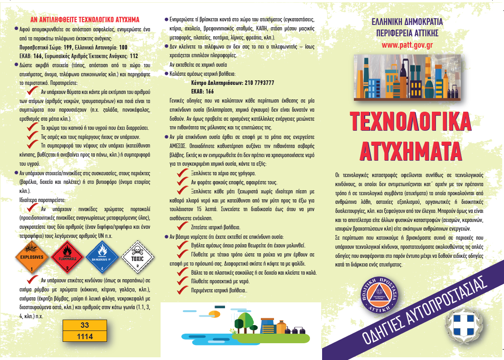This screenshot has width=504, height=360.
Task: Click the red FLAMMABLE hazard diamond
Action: click(x=67, y=257)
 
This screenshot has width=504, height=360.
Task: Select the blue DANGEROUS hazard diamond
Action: click(x=102, y=257)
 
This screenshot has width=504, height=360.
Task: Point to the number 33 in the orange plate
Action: click(x=84, y=325)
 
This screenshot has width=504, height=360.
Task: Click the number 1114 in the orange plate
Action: click(x=84, y=336)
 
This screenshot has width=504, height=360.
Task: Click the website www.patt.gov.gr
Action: click(x=407, y=45)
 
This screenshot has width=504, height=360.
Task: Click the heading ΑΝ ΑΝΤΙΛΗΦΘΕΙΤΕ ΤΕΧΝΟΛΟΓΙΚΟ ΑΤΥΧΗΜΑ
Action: click(x=85, y=20)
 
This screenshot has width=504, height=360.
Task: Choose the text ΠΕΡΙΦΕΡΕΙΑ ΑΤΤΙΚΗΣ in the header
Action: click(x=407, y=33)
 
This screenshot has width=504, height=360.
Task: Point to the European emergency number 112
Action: click(x=133, y=56)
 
